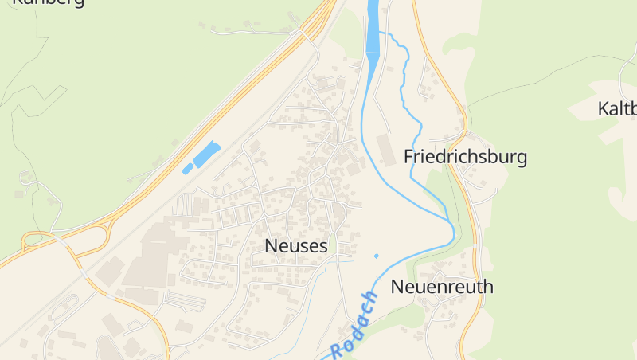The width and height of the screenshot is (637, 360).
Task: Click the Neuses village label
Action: pyautogui.click(x=295, y=246)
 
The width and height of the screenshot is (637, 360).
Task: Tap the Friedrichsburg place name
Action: pyautogui.click(x=465, y=157)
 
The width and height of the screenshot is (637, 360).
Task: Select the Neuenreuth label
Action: pyautogui.click(x=442, y=287)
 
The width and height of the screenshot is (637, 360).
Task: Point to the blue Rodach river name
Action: pyautogui.click(x=354, y=325)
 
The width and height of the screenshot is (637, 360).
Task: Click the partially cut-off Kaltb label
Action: pyautogui.click(x=617, y=108)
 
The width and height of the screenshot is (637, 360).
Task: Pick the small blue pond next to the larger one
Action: pyautogui.click(x=188, y=169)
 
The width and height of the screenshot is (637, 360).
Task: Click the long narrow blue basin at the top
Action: pyautogui.click(x=372, y=28)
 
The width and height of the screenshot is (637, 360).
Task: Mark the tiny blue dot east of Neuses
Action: pyautogui.click(x=376, y=256)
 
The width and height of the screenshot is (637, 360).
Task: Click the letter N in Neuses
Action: pyautogui.click(x=272, y=246)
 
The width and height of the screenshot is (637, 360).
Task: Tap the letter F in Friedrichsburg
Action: pyautogui.click(x=409, y=157)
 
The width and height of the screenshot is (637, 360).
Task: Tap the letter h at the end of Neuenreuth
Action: pyautogui.click(x=488, y=287)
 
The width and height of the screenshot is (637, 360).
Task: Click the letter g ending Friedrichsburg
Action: pyautogui.click(x=522, y=158)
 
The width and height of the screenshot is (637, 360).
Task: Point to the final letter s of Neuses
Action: pyautogui.click(x=322, y=247)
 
